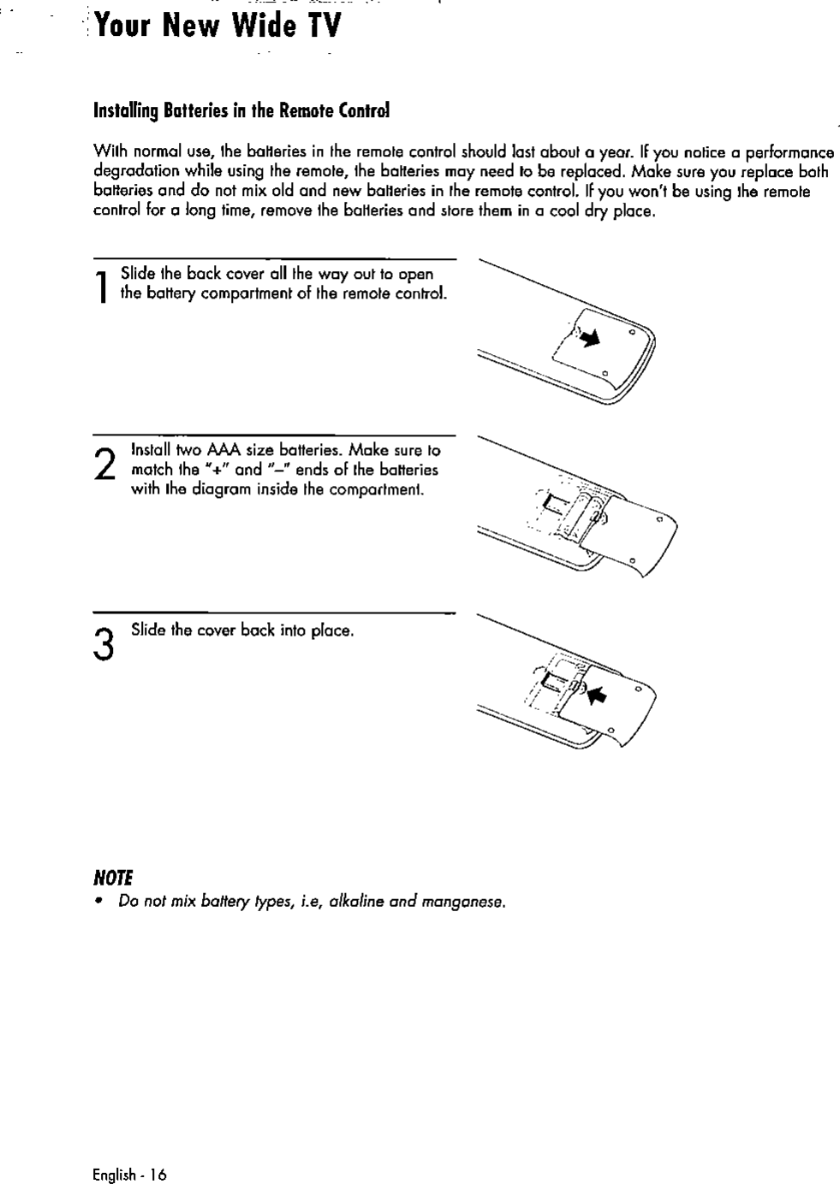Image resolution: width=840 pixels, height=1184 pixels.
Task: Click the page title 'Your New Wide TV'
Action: (x=218, y=27)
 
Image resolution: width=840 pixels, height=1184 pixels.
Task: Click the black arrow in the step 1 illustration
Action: (x=589, y=339)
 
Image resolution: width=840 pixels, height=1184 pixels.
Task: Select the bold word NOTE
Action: (x=114, y=879)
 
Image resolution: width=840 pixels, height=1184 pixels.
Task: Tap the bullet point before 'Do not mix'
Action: (x=100, y=902)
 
